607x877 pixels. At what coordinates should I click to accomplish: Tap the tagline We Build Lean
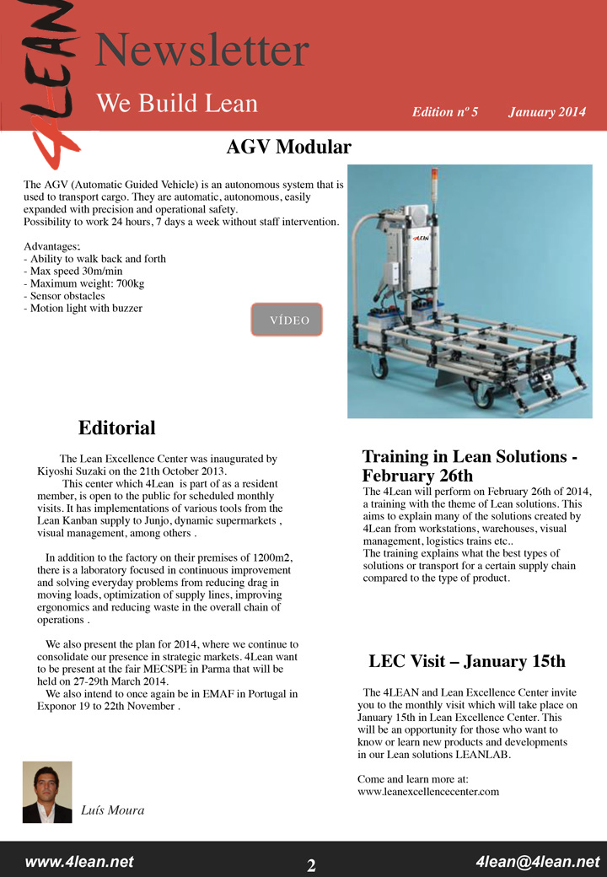(177, 103)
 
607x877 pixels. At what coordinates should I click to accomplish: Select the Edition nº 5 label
(445, 112)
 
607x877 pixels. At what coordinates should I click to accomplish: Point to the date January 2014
(547, 112)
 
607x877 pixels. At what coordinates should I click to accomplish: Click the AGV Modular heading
(288, 148)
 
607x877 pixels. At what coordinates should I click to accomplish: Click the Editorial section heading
(117, 428)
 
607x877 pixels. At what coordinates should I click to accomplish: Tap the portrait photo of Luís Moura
(47, 792)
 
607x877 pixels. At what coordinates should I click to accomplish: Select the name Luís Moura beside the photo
(112, 810)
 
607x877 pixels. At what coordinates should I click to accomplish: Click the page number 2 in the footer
(311, 866)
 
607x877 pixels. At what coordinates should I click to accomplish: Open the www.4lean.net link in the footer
(79, 862)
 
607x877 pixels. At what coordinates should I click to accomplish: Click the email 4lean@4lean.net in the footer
(538, 862)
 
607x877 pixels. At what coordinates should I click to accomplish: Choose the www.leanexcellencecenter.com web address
(428, 792)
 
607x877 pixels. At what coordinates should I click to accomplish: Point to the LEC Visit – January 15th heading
(467, 661)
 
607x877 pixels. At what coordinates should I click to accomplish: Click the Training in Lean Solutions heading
(470, 465)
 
